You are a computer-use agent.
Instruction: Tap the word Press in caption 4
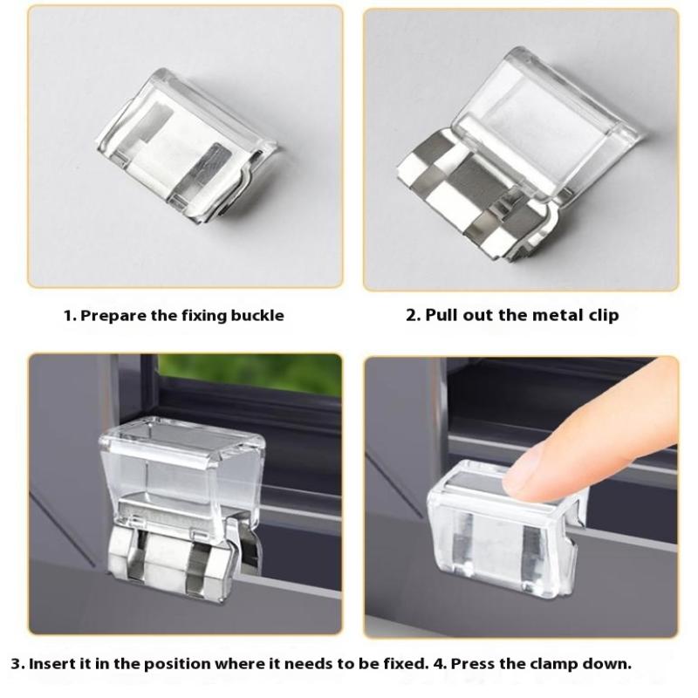tap(473, 664)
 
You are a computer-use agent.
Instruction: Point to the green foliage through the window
tap(250, 374)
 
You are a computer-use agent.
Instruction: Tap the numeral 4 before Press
tap(441, 664)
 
